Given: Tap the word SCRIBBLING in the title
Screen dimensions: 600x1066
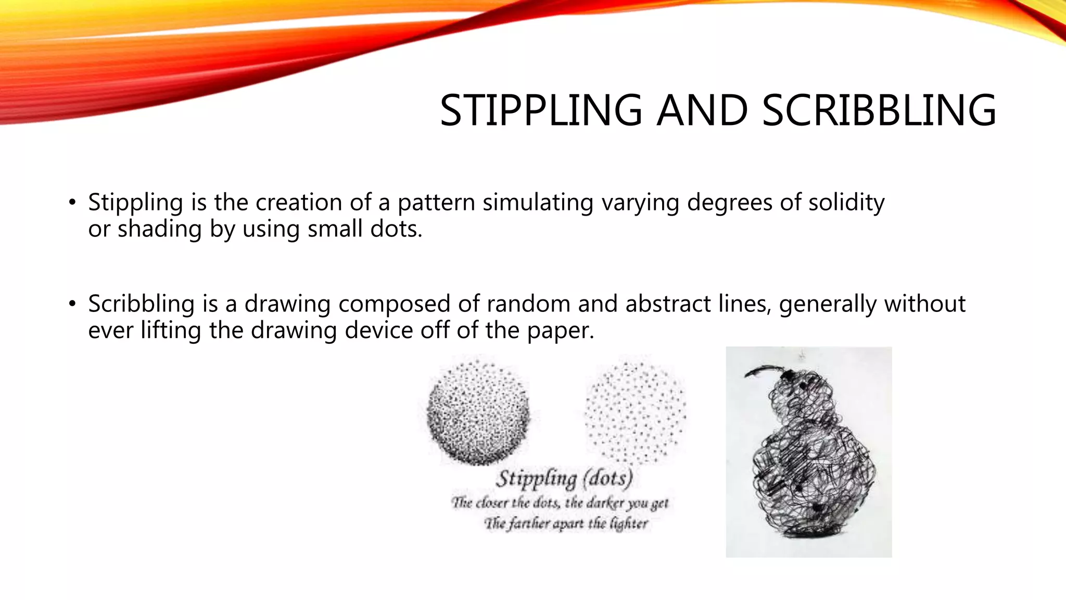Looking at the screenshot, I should click(x=879, y=110).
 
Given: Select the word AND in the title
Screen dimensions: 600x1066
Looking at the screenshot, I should click(x=702, y=110).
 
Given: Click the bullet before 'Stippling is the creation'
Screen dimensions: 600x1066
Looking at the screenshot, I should click(x=72, y=203).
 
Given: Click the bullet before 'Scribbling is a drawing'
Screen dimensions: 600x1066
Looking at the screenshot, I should click(x=72, y=304).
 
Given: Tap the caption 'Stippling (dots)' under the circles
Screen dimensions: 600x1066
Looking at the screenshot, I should click(x=564, y=478).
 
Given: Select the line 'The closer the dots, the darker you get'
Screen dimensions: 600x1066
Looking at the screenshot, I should click(x=560, y=503).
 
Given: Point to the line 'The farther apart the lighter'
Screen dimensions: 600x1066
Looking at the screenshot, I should click(x=566, y=523).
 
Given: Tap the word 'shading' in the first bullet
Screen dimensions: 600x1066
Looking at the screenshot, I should click(x=159, y=229).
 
